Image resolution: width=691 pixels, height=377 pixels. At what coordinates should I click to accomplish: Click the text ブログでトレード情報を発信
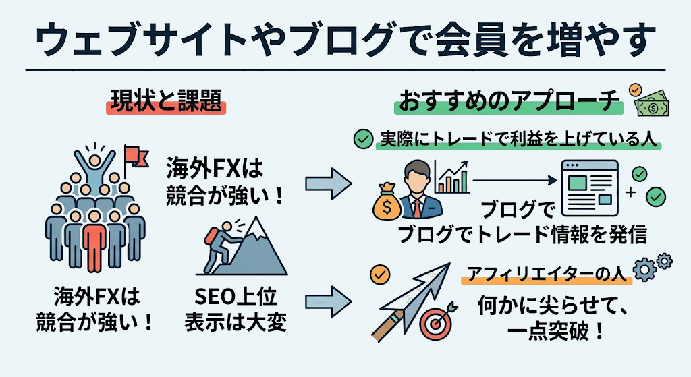pos(522,234)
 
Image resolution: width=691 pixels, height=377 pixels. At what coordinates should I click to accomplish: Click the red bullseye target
pos(435,324)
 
